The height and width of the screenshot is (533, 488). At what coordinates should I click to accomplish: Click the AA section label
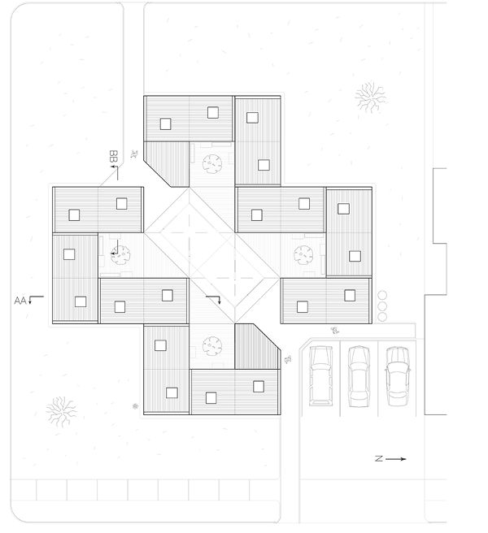point(21,301)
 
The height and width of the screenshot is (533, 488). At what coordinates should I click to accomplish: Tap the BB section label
point(115,154)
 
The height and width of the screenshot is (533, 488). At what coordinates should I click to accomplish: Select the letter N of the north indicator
point(379,460)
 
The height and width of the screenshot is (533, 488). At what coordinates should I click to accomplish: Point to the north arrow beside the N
point(396,460)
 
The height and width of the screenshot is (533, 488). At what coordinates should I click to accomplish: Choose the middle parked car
point(358,375)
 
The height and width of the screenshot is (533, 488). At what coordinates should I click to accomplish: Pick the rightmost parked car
point(396,375)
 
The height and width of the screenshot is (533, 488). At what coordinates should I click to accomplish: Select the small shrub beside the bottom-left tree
point(135,405)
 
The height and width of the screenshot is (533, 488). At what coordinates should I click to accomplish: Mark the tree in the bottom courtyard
point(212,346)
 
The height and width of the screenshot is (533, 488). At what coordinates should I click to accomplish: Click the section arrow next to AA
point(33,301)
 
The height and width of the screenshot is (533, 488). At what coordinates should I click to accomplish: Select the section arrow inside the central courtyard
point(215,301)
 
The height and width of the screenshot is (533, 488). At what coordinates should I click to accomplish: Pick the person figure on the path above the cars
point(335,330)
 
